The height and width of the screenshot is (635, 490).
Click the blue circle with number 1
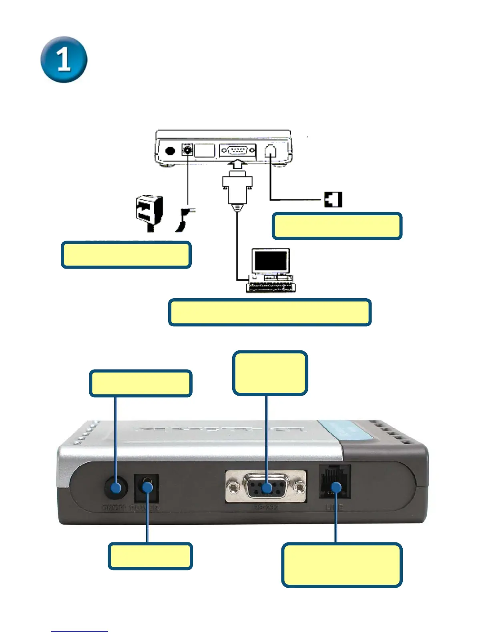pyautogui.click(x=64, y=59)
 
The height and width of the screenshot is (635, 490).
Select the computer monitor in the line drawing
pyautogui.click(x=271, y=261)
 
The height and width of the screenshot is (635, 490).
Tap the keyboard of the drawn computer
pyautogui.click(x=271, y=287)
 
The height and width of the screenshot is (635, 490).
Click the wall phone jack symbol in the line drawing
pyautogui.click(x=333, y=199)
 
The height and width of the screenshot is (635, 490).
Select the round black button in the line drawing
pyautogui.click(x=170, y=151)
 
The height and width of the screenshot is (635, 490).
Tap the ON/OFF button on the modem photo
pyautogui.click(x=116, y=488)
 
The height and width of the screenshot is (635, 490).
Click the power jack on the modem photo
pyautogui.click(x=147, y=488)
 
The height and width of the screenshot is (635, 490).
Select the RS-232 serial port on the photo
pyautogui.click(x=266, y=487)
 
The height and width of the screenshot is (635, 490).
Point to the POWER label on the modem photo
pyautogui.click(x=145, y=508)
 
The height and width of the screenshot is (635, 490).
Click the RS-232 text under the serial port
pyautogui.click(x=265, y=508)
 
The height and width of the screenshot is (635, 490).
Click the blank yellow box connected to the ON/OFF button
pyautogui.click(x=141, y=384)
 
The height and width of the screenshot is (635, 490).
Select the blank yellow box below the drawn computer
pyautogui.click(x=270, y=312)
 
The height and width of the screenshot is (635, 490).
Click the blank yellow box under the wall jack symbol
pyautogui.click(x=337, y=226)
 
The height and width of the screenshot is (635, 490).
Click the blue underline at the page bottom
pyautogui.click(x=79, y=631)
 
